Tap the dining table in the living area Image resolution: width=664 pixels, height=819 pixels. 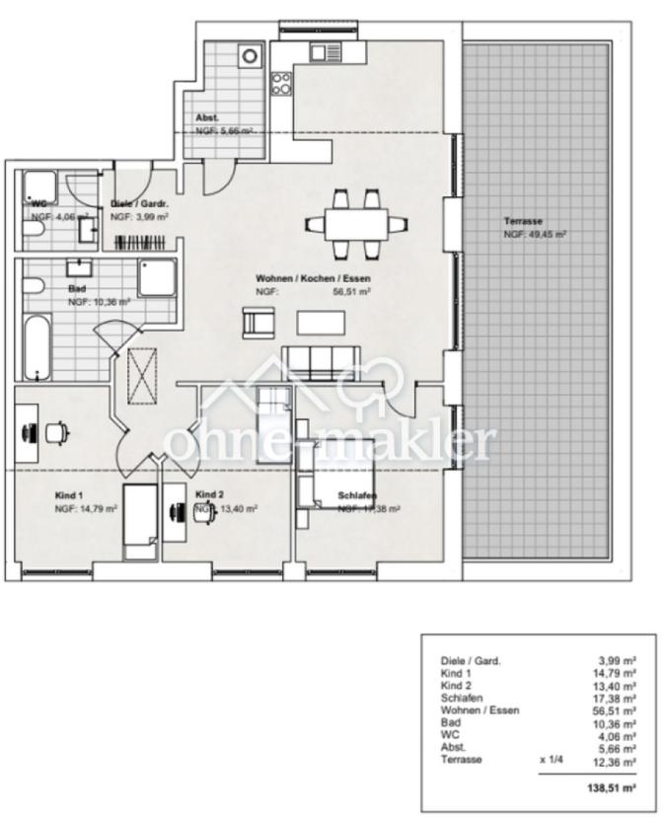coord(355,223)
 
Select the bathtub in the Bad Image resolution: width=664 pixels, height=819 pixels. coord(37,346)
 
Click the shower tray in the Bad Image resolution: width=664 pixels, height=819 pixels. coord(157,279)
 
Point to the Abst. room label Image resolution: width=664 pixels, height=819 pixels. coord(207,117)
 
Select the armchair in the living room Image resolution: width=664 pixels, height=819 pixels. coord(258,322)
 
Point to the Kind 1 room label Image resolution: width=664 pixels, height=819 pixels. coord(69,494)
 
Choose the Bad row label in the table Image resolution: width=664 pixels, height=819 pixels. coord(449,721)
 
